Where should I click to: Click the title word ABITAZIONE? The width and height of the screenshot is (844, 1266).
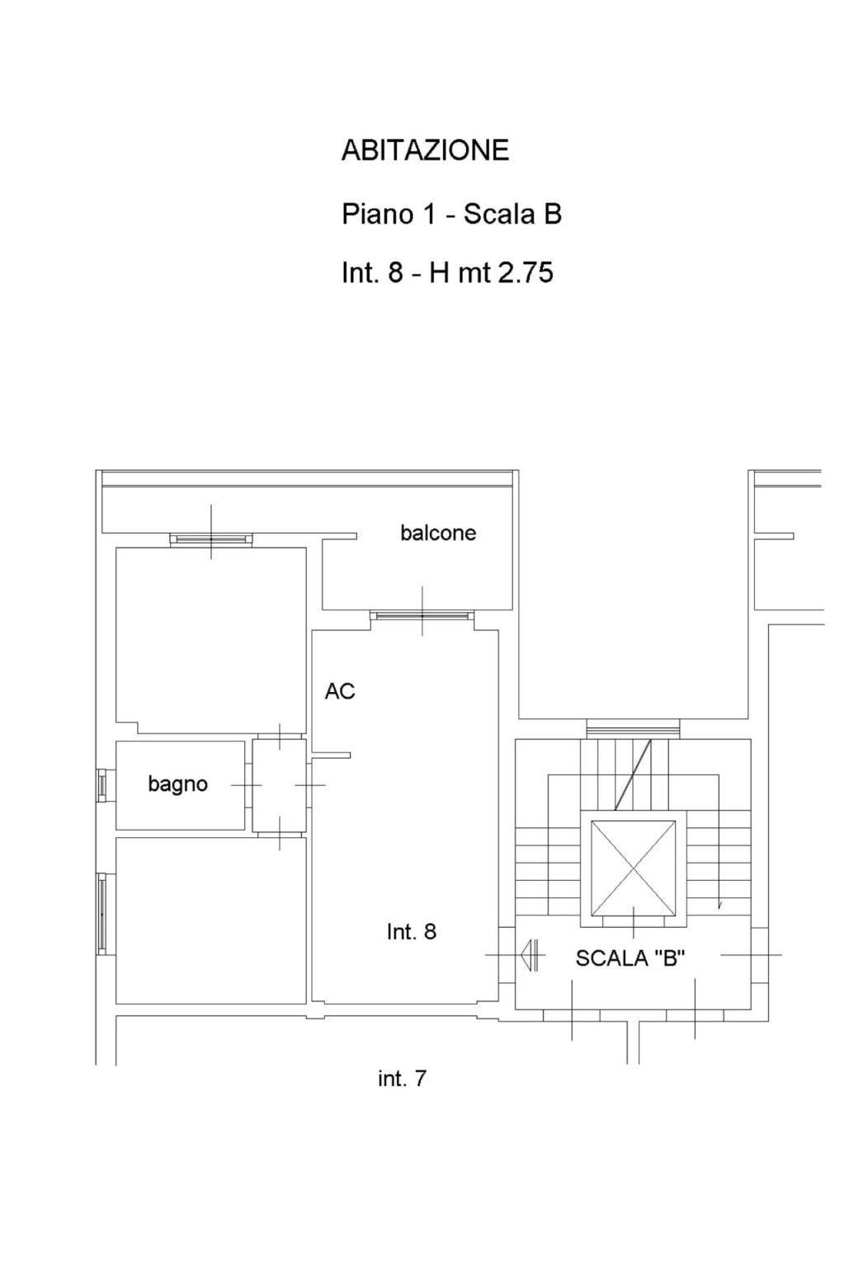425,150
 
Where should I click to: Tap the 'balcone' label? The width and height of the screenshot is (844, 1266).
438,533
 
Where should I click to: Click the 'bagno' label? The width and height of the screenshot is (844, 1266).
177,784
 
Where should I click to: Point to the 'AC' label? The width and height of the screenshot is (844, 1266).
340,690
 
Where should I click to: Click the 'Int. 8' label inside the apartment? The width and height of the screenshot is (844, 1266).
412,931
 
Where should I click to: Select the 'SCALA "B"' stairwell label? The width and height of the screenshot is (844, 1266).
630,958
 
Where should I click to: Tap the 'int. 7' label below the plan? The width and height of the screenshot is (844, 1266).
402,1078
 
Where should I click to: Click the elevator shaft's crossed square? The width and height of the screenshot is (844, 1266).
633,868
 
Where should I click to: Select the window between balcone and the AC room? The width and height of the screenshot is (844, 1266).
422,615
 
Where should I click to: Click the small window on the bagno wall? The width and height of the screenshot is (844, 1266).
101,784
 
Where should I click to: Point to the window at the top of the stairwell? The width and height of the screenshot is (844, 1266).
633,729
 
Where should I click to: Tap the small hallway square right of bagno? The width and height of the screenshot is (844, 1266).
279,786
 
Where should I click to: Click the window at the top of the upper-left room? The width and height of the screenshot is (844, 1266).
211,539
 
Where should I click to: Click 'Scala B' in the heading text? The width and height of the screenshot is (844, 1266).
512,214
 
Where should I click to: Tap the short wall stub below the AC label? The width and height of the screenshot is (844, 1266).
331,755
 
